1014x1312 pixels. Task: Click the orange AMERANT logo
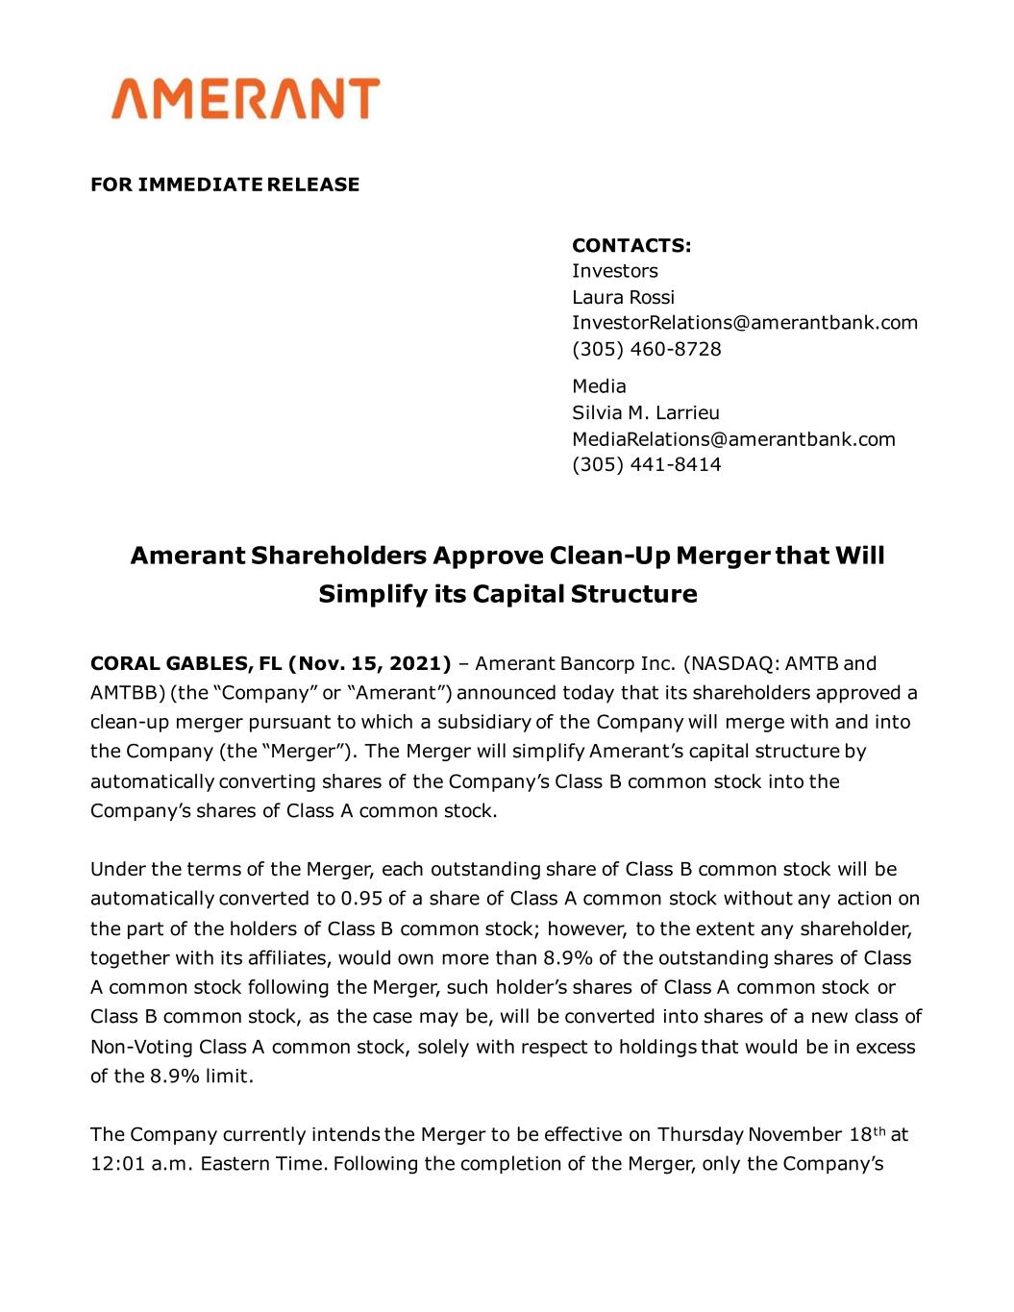coord(244,99)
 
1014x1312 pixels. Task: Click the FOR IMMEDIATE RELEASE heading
coord(225,185)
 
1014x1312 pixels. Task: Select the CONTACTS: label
coord(631,245)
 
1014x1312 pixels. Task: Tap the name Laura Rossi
coord(623,297)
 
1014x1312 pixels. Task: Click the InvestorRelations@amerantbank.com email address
coord(745,323)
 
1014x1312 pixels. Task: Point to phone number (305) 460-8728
coord(646,349)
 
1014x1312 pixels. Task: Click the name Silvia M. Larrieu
coord(645,413)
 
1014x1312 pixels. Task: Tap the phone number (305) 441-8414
coord(646,465)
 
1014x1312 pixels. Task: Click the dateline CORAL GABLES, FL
coord(185,663)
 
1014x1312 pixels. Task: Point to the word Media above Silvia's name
coord(599,386)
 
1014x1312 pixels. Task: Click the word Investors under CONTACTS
coord(615,271)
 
